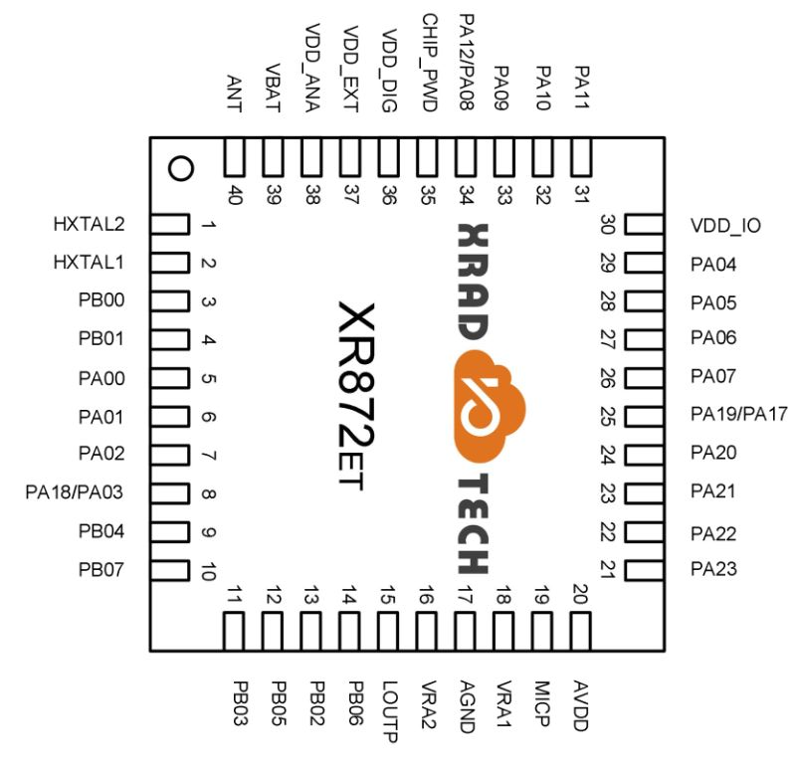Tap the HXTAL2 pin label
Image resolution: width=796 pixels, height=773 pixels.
pyautogui.click(x=89, y=224)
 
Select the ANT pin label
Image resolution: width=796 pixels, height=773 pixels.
pyautogui.click(x=234, y=94)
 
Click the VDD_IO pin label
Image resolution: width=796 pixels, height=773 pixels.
pyautogui.click(x=725, y=226)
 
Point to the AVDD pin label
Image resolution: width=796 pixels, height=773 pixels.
pyautogui.click(x=581, y=705)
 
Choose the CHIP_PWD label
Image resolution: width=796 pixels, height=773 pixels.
pyautogui.click(x=430, y=63)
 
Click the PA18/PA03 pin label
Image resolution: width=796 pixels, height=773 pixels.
pyautogui.click(x=74, y=491)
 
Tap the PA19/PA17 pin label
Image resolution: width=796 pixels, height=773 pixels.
pyautogui.click(x=738, y=414)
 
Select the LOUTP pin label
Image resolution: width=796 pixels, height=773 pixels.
pyautogui.click(x=389, y=711)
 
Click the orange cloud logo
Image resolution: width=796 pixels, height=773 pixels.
pyautogui.click(x=489, y=406)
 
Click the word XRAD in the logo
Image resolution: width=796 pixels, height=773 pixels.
pyautogui.click(x=474, y=282)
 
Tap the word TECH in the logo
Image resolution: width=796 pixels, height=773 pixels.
pyautogui.click(x=474, y=523)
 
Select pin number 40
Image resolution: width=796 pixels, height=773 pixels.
pyautogui.click(x=235, y=194)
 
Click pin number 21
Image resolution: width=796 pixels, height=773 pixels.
pyautogui.click(x=608, y=569)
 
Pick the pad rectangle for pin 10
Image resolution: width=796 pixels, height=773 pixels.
pyautogui.click(x=170, y=570)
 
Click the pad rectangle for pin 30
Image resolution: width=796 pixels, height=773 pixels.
pyautogui.click(x=644, y=224)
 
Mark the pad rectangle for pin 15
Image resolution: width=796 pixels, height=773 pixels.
pyautogui.click(x=388, y=632)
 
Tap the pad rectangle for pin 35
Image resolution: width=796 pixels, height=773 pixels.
pyautogui.click(x=427, y=157)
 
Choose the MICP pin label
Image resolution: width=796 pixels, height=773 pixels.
pyautogui.click(x=542, y=703)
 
